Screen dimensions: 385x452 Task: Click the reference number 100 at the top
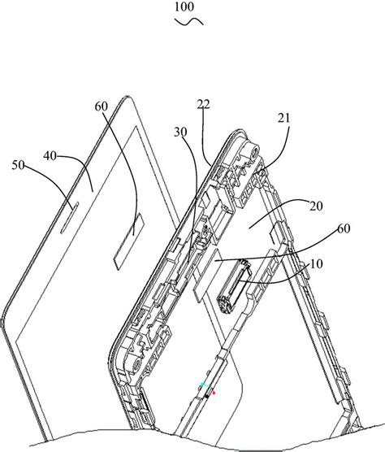click(184, 7)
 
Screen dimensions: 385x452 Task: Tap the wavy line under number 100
click(189, 22)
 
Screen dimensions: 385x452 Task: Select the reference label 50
click(18, 165)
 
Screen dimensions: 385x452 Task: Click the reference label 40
click(50, 156)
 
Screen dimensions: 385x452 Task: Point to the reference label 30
click(180, 132)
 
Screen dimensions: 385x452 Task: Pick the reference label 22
click(203, 104)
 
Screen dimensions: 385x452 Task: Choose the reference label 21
click(284, 118)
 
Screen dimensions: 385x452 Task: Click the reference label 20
click(316, 206)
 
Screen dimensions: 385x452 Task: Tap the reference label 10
click(317, 264)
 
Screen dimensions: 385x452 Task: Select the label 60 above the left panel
click(102, 106)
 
